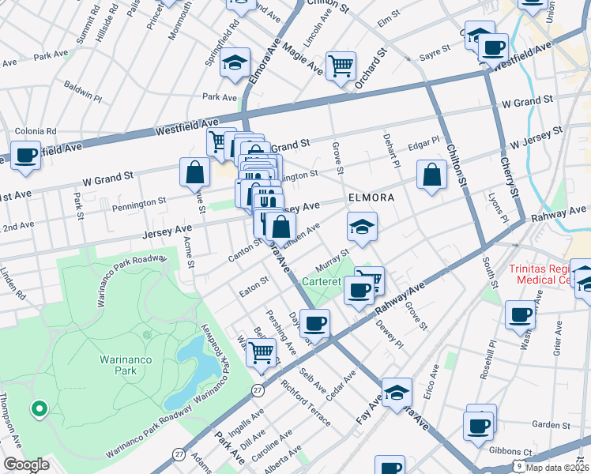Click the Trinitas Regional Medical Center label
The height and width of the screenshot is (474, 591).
coord(548,274)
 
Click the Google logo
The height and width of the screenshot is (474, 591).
coord(26,465)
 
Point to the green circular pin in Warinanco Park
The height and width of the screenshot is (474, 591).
coord(37,408)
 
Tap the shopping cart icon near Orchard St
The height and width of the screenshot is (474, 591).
coord(341,66)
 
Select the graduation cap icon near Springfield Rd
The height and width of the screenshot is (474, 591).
coord(235,62)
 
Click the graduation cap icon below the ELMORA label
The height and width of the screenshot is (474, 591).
coord(362,227)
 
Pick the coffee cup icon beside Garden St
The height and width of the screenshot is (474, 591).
coord(480,425)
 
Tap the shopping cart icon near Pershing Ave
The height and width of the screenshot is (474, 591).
coord(261,352)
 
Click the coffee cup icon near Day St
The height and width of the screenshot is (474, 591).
coord(314,322)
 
